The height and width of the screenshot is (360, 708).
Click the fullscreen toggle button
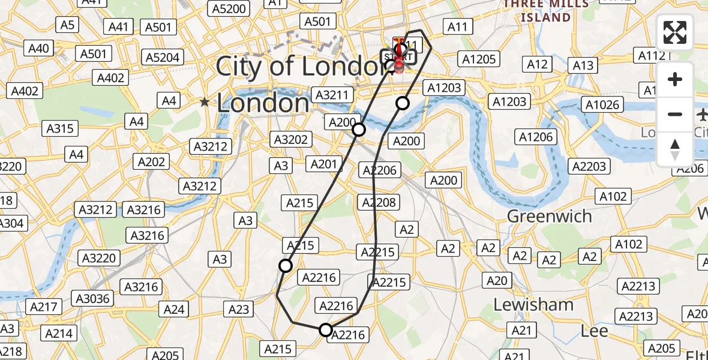pos(675,32)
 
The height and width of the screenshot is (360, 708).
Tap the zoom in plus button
pos(675,80)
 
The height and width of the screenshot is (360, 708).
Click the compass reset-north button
pos(675,149)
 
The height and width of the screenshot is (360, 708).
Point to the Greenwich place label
pos(550,216)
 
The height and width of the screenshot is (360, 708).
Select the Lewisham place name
pos(533,305)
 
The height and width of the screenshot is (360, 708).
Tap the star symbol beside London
pos(205,103)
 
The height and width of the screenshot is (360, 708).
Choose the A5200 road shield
pos(229,8)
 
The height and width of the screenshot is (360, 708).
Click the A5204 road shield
pos(163,58)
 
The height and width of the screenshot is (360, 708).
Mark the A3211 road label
pos(331,95)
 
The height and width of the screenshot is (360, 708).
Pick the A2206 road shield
pos(380,170)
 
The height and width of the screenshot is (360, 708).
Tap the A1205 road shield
pos(478,59)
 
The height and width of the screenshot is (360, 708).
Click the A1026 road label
pos(602,106)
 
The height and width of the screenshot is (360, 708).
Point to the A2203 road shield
pos(588,166)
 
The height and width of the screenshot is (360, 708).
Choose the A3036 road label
pos(91,298)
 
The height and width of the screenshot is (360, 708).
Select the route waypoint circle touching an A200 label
pos(358,130)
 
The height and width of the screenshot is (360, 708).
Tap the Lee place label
pos(595,331)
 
